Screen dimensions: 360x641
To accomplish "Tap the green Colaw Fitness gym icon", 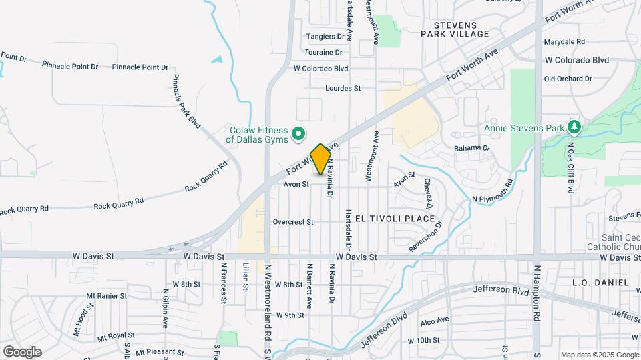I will (x=300, y=134).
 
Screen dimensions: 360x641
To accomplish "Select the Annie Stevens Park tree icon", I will (x=573, y=127).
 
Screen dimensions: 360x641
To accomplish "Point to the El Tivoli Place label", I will (x=395, y=219).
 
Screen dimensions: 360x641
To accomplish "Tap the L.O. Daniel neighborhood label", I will (x=600, y=283).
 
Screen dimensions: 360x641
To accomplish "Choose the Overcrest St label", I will (x=293, y=222).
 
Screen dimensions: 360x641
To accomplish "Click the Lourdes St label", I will (x=343, y=88).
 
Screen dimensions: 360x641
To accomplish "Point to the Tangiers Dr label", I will (x=325, y=37).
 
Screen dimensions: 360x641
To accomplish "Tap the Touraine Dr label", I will (x=323, y=52).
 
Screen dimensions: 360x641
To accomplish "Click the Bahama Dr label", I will (x=472, y=148).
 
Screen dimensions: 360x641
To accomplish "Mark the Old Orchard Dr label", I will (x=568, y=79).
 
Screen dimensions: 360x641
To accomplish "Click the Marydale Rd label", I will (x=564, y=41).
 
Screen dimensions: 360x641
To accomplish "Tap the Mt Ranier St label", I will (x=107, y=295).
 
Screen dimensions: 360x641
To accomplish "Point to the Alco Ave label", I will (x=435, y=322).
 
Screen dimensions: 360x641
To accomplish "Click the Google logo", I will (x=22, y=351).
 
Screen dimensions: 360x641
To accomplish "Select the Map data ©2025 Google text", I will (x=599, y=355).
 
